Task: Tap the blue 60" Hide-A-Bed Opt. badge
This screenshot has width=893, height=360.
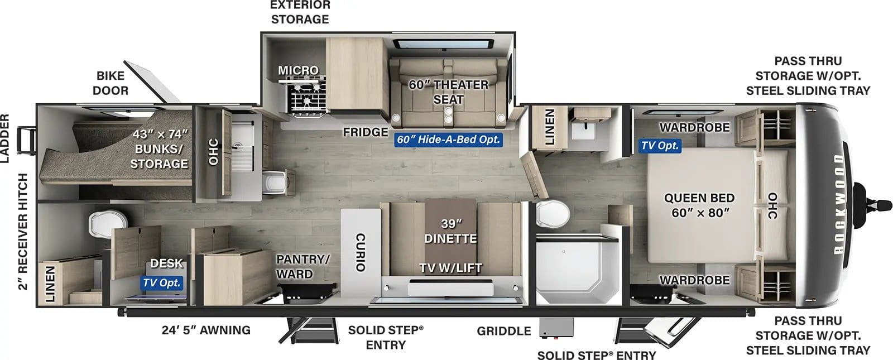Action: pyautogui.click(x=449, y=140)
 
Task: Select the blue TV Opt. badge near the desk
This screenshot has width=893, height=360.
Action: pyautogui.click(x=161, y=283)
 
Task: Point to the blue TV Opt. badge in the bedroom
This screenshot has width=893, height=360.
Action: pyautogui.click(x=660, y=146)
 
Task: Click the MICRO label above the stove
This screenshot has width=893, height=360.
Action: pyautogui.click(x=298, y=70)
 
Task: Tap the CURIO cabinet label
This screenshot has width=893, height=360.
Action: pyautogui.click(x=360, y=252)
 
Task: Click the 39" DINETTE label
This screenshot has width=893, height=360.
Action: pyautogui.click(x=450, y=231)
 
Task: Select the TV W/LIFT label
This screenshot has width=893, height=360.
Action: pyautogui.click(x=450, y=268)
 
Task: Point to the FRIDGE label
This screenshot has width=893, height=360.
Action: pyautogui.click(x=365, y=132)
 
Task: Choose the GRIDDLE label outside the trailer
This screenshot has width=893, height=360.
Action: pyautogui.click(x=503, y=331)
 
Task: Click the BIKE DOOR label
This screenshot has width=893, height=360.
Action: pyautogui.click(x=111, y=83)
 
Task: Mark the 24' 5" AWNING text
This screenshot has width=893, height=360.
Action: pyautogui.click(x=206, y=330)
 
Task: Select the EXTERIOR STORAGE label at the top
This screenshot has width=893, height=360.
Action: pyautogui.click(x=300, y=12)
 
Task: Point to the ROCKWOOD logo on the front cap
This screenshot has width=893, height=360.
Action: pyautogui.click(x=839, y=204)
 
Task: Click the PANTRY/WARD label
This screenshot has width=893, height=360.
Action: pyautogui.click(x=303, y=266)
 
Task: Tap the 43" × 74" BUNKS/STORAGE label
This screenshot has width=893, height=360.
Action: pyautogui.click(x=159, y=149)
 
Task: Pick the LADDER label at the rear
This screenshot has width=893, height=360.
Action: pyautogui.click(x=5, y=138)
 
